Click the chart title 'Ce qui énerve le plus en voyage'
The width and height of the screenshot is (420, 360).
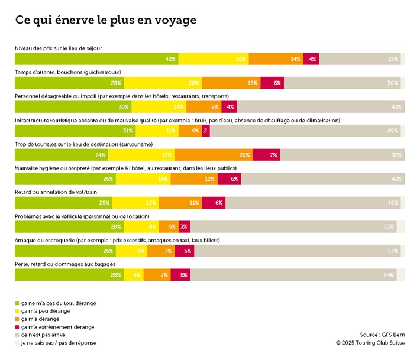pyautogui.click(x=105, y=20)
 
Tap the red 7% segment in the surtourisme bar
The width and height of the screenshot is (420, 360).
pyautogui.click(x=266, y=155)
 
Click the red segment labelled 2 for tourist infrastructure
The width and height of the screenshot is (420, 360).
pyautogui.click(x=205, y=131)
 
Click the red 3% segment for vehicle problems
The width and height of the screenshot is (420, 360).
pyautogui.click(x=183, y=227)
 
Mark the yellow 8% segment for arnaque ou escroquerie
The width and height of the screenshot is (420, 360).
pyautogui.click(x=134, y=251)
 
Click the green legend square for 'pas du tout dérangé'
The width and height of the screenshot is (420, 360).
pyautogui.click(x=17, y=303)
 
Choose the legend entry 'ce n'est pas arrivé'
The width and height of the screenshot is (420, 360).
pyautogui.click(x=47, y=335)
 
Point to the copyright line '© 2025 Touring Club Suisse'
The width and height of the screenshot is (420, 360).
pyautogui.click(x=370, y=342)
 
